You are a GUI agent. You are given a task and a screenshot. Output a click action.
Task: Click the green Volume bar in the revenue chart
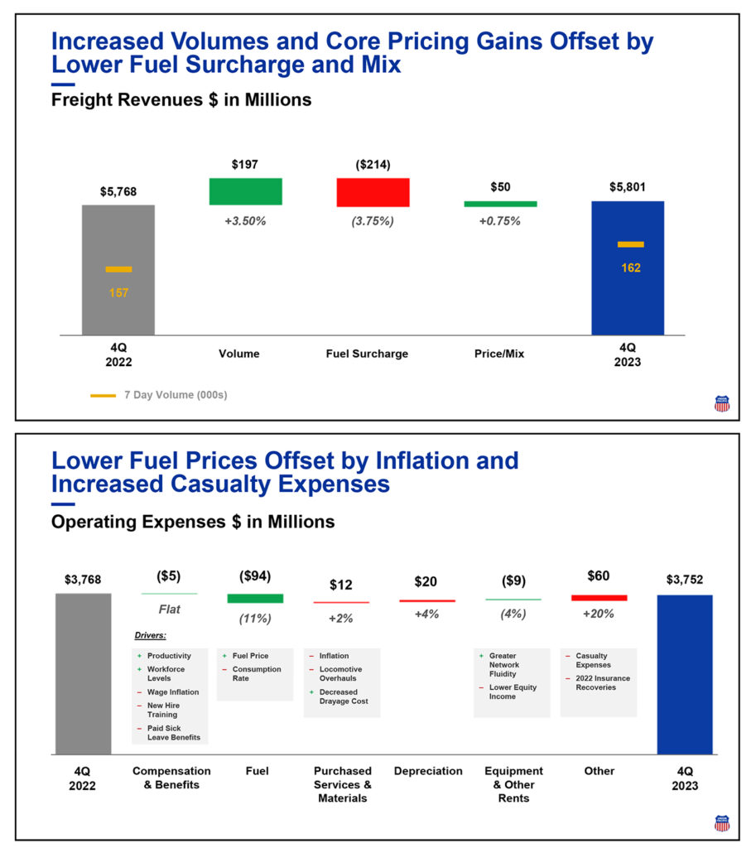click(x=245, y=191)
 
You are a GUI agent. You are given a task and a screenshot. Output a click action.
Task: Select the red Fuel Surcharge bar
click(x=373, y=192)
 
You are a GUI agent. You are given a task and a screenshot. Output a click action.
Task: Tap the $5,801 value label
click(x=628, y=188)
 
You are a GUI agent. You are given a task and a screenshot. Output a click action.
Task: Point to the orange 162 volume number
click(x=630, y=267)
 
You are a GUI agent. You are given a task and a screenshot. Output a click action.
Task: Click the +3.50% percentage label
click(x=245, y=221)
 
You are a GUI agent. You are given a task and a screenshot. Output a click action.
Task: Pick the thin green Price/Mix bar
click(x=500, y=203)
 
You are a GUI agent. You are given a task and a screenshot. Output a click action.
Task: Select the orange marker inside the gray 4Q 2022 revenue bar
click(x=118, y=269)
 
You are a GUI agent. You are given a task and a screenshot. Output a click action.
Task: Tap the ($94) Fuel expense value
click(x=254, y=576)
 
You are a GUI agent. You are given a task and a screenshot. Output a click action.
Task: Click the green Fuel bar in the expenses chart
click(x=255, y=598)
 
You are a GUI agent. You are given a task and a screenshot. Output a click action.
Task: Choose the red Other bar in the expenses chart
click(x=599, y=597)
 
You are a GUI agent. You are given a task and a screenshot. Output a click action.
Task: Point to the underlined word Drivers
click(x=151, y=636)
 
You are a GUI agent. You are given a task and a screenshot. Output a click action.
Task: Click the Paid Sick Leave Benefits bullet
click(x=172, y=733)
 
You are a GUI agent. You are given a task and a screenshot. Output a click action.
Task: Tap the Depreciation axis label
click(x=428, y=771)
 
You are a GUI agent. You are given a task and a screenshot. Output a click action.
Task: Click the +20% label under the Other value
click(x=598, y=614)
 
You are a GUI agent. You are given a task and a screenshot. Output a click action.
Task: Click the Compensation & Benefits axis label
click(x=171, y=778)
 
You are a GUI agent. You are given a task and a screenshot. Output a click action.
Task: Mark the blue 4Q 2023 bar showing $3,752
click(x=684, y=674)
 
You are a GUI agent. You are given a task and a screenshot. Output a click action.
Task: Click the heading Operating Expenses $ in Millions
click(x=193, y=522)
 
